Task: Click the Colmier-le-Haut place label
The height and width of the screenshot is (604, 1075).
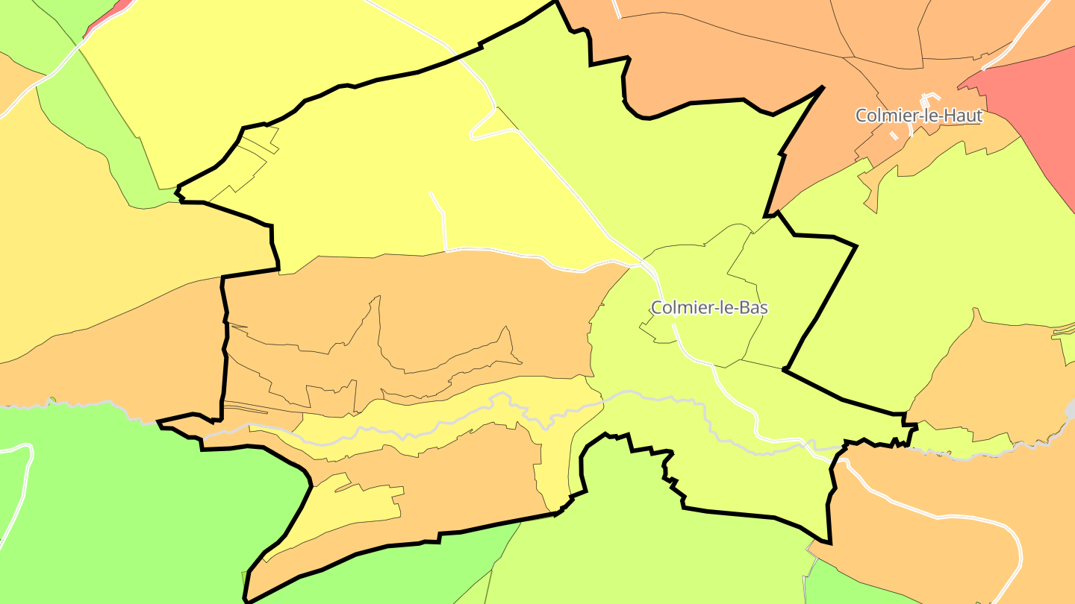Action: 918,116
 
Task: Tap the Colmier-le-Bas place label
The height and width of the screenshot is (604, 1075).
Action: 709,307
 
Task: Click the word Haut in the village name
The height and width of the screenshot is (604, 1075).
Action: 964,116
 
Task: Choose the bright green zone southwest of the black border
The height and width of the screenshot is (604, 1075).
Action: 112,507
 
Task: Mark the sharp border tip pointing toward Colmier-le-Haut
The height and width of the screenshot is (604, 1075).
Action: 821,87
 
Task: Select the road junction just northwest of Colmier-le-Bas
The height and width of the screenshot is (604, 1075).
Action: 642,263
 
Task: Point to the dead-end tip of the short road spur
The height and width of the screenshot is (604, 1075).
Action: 431,193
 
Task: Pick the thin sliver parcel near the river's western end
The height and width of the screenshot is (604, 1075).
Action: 246,406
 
